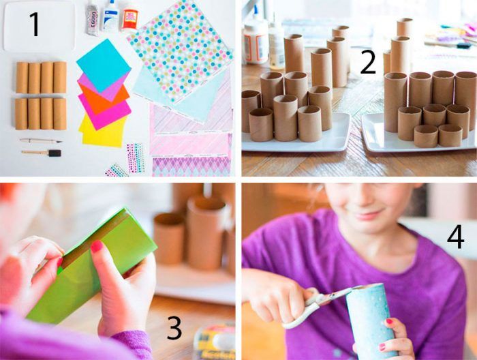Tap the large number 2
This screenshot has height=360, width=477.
368,62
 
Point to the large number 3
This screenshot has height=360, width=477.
174,328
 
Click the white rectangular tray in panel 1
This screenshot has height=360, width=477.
40,26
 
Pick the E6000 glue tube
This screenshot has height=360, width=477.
92,18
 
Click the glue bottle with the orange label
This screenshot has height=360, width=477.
130,19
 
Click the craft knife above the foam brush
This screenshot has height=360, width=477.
41,141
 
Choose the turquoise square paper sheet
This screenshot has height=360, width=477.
104,65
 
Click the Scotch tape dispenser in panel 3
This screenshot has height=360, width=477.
215,342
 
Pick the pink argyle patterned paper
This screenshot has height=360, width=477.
191,167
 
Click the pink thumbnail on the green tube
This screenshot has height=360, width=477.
97,246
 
